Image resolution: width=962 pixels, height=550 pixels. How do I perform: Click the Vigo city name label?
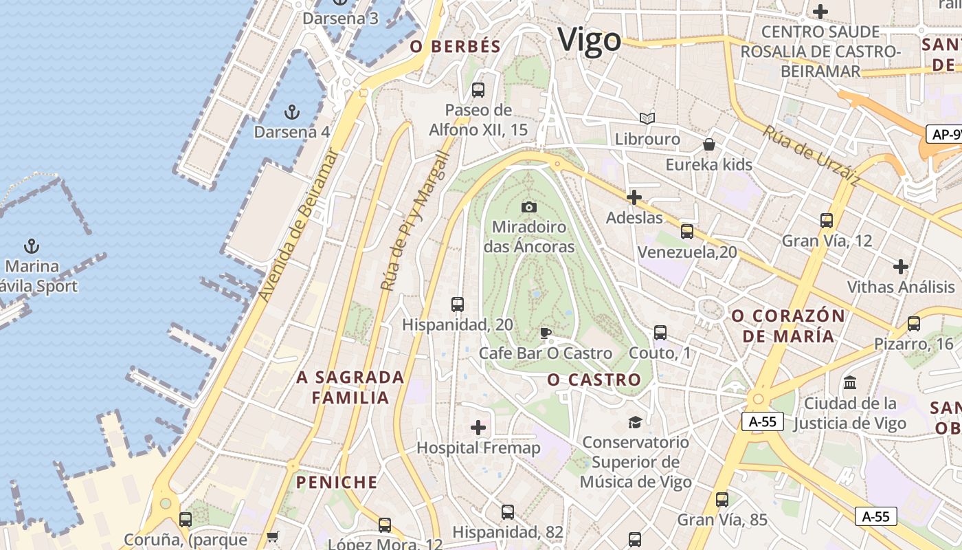(589, 40)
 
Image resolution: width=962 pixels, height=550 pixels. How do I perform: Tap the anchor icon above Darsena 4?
(292, 111)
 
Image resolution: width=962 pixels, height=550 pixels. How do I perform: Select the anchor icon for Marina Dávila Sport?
(31, 245)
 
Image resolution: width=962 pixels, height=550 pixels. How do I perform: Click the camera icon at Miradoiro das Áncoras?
(528, 207)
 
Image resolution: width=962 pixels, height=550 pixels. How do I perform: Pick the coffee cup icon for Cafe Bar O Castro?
(545, 333)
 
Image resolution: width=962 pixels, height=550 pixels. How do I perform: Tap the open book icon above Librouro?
(647, 118)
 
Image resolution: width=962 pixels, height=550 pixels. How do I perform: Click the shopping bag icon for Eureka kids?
(708, 144)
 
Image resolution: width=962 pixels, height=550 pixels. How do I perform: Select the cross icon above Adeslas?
(634, 198)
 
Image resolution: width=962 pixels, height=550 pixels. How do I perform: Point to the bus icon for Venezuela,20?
(686, 232)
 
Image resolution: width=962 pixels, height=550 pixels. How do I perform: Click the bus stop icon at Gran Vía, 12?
(826, 221)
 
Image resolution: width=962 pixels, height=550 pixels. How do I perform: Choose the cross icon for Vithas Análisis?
(900, 267)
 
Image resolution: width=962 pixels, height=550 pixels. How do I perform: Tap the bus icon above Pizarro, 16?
(913, 323)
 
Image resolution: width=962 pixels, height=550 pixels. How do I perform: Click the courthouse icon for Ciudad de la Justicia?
(850, 382)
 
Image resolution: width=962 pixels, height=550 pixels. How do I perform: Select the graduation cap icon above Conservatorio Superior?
(635, 421)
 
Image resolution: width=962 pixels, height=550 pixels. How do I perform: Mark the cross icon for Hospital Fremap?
(478, 428)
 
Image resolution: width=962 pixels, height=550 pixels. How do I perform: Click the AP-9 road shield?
(945, 134)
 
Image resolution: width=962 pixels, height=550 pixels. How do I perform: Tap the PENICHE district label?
(337, 482)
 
